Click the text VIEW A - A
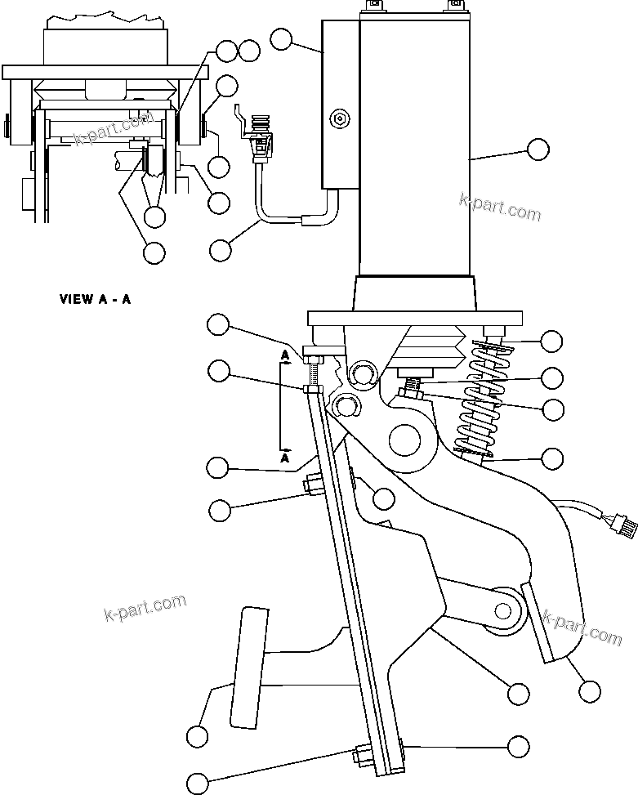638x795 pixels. (95, 299)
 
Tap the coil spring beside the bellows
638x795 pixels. (480, 400)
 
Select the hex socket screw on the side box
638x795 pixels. (339, 119)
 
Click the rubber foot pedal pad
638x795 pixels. (248, 666)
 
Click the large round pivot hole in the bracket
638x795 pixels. (411, 442)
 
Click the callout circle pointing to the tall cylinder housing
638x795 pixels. (538, 149)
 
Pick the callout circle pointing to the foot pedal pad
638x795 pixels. (197, 736)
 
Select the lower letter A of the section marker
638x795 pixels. (283, 460)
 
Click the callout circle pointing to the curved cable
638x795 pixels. (221, 249)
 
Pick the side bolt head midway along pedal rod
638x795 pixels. (310, 485)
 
